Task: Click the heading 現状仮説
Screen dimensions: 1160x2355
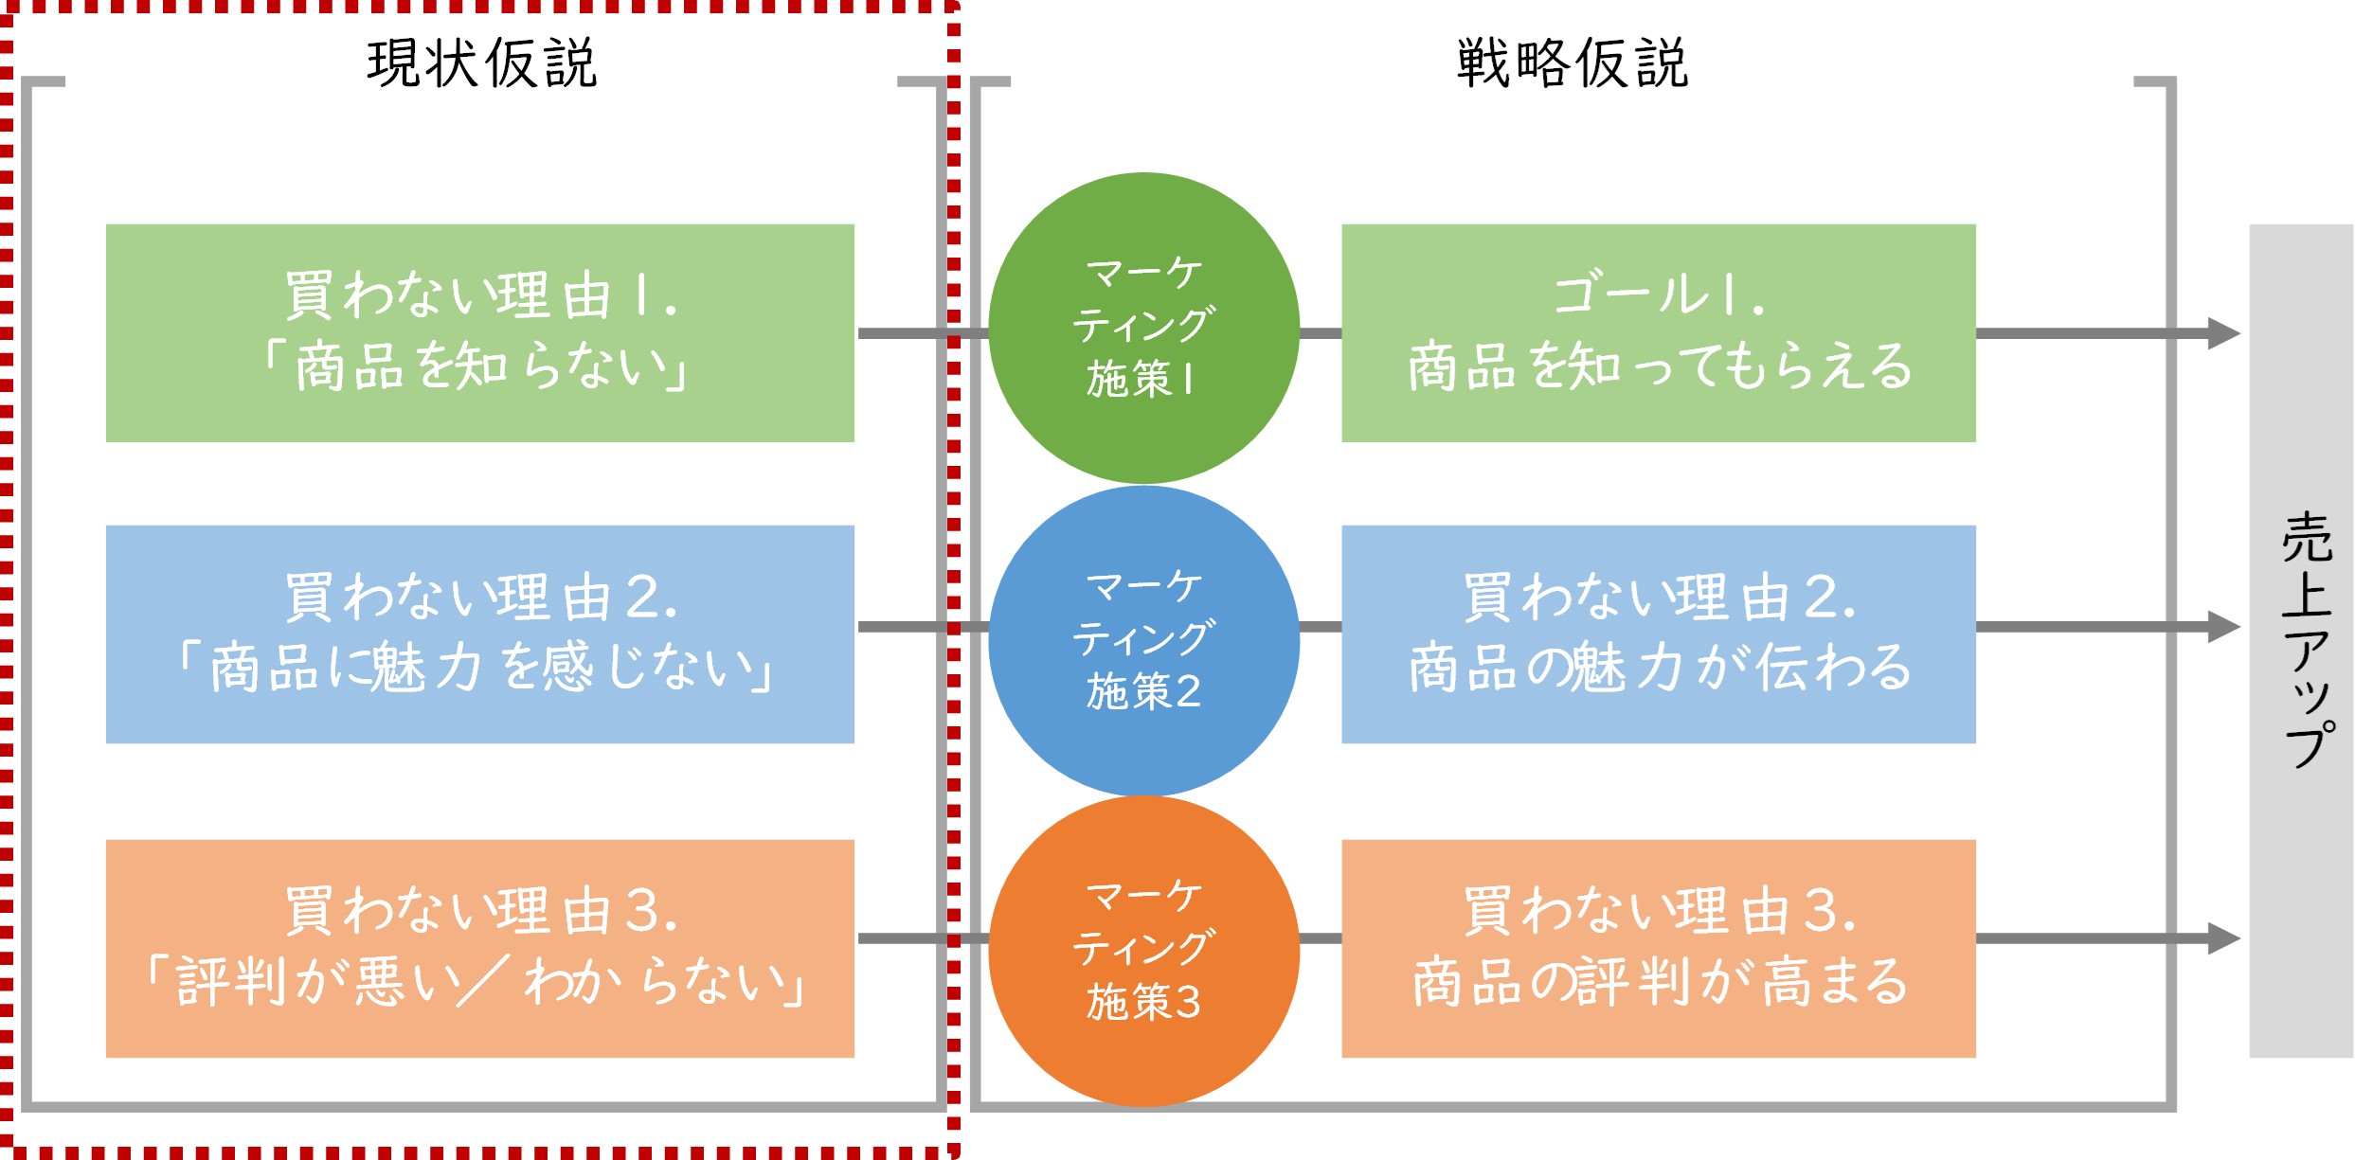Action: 482,63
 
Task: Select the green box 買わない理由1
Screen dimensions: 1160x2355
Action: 479,332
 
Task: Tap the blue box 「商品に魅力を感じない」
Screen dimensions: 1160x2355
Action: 479,634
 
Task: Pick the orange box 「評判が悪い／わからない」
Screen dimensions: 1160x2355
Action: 479,948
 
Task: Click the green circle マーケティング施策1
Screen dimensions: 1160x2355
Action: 1143,327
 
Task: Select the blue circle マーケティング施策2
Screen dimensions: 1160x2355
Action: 1143,640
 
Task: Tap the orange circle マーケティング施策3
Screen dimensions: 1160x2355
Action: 1143,950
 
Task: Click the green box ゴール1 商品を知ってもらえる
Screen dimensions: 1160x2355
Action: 1658,332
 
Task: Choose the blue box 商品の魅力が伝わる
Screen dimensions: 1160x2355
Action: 1658,634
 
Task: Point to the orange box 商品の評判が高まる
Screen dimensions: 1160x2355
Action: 1658,948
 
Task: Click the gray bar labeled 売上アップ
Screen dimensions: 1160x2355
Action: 2300,640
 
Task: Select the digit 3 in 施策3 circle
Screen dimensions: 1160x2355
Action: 1188,1003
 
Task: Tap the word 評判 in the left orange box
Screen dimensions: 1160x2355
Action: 231,982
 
